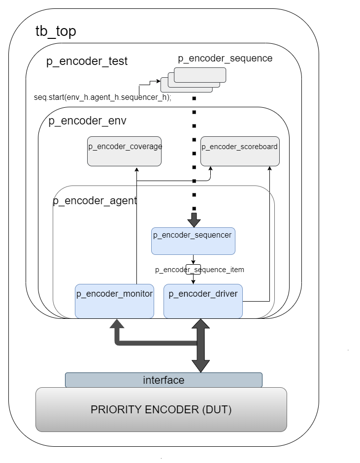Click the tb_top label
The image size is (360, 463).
pos(56,31)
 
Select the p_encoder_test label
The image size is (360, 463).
pos(87,62)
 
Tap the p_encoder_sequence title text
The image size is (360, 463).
pos(225,58)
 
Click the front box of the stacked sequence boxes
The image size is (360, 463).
pos(199,75)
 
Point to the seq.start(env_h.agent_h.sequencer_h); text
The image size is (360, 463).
pos(102,97)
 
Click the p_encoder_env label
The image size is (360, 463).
pos(87,122)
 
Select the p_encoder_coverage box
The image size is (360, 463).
pos(125,151)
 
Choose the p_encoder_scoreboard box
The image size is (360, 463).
pos(240,151)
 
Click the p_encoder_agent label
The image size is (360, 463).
pos(95,201)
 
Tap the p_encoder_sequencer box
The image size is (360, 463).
pos(193,241)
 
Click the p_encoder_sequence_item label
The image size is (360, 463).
pos(199,270)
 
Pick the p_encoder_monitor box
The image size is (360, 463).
pos(114,301)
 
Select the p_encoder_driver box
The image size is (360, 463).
pos(203,301)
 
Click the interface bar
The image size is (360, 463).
pos(164,380)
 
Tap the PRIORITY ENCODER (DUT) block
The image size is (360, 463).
pos(161,409)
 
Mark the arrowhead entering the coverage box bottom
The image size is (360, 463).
pos(136,169)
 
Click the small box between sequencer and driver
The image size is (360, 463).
pos(193,269)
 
